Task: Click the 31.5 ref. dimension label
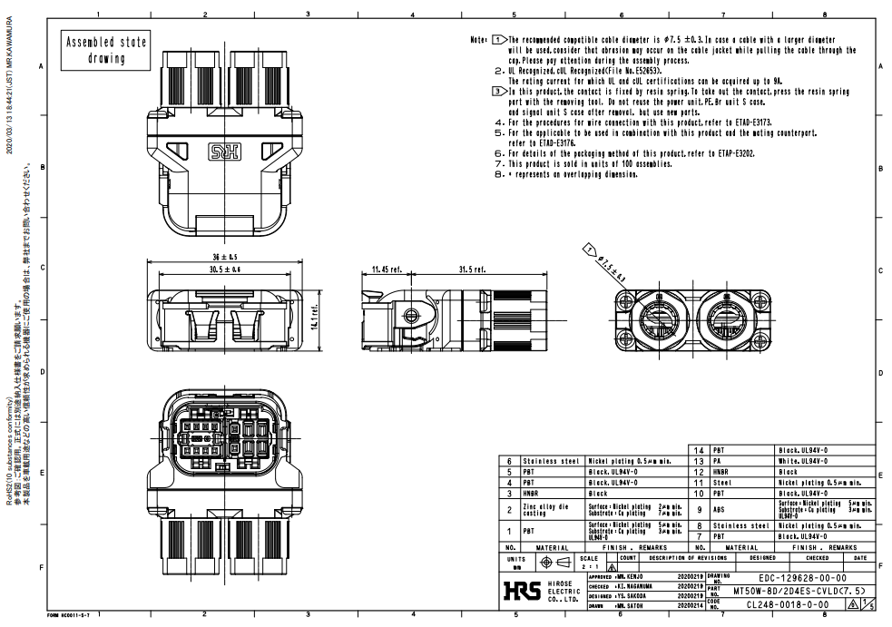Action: (x=473, y=269)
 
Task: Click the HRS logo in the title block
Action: (x=521, y=591)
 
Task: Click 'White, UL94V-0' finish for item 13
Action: (x=803, y=461)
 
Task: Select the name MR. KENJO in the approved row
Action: (x=632, y=577)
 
